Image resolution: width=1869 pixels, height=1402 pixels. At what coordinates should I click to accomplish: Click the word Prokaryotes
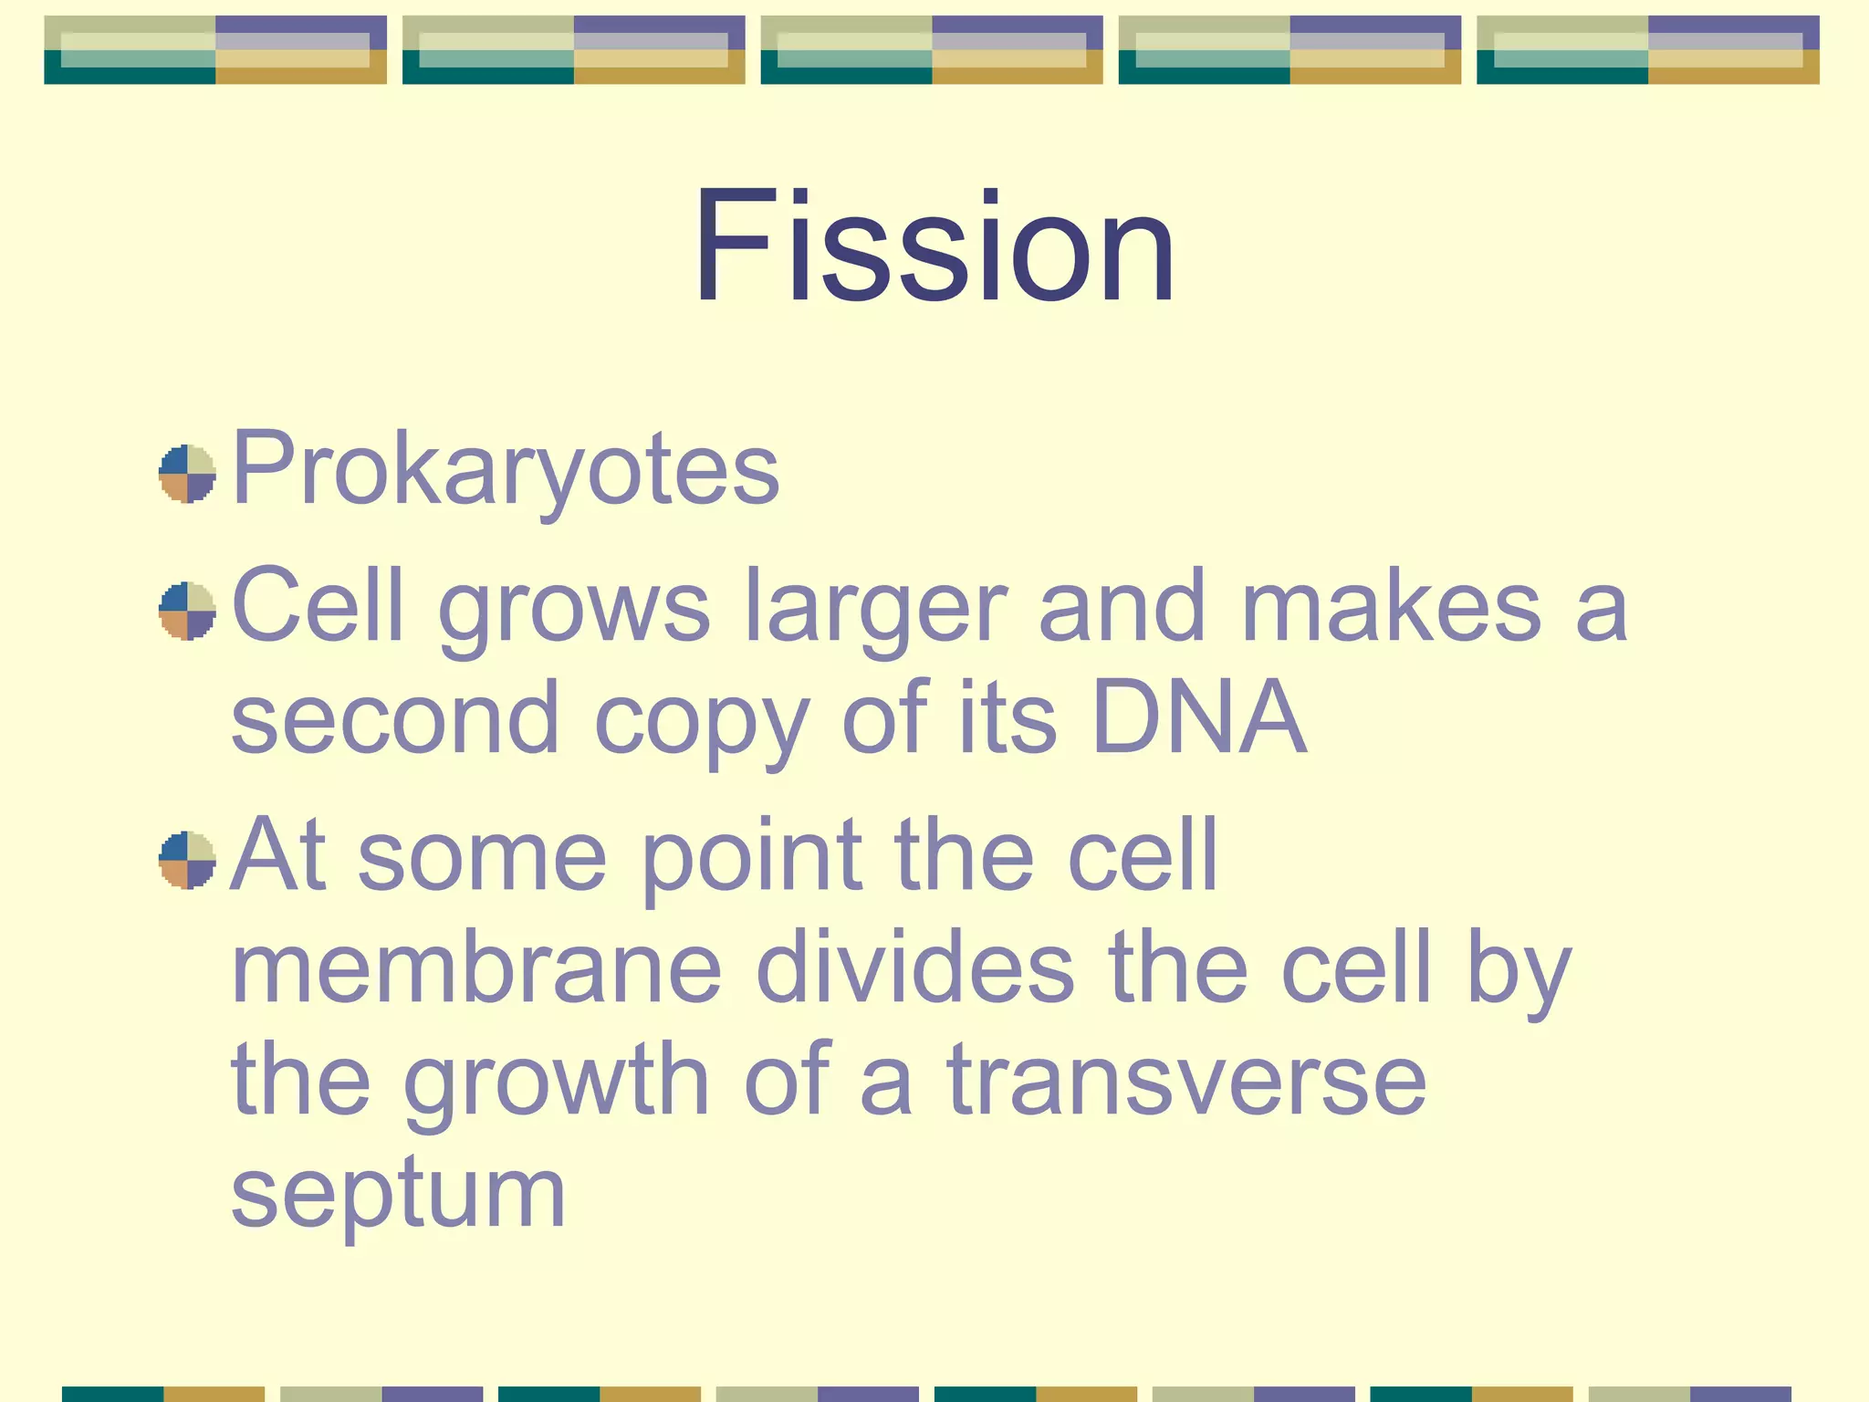tap(506, 468)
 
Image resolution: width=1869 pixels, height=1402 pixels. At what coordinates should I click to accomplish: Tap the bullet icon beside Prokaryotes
tap(187, 474)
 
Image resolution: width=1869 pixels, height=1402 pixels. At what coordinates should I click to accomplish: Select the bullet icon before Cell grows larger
tap(187, 611)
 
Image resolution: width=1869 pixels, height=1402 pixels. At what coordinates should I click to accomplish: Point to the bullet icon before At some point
tap(187, 860)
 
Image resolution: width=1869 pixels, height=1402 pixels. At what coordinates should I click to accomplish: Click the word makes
tap(1391, 607)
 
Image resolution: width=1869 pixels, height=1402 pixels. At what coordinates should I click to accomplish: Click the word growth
tap(557, 1083)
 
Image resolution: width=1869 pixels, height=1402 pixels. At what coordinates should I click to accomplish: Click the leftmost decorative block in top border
tap(215, 50)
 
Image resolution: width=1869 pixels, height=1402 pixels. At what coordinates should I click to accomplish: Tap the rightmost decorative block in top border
tap(1647, 50)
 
